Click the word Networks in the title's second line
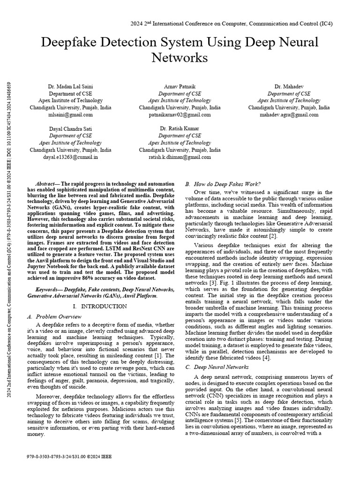(180, 58)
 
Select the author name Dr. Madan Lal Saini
(70, 87)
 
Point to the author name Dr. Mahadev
(288, 87)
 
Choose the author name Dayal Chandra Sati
(70, 128)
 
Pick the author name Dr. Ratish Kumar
(180, 128)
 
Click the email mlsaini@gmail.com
(70, 114)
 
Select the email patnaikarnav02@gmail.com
(180, 114)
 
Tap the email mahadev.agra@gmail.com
(288, 114)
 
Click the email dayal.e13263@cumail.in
(70, 157)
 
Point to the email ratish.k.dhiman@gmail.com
(180, 157)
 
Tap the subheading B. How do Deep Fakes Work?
(223, 184)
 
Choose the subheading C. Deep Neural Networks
(217, 367)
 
